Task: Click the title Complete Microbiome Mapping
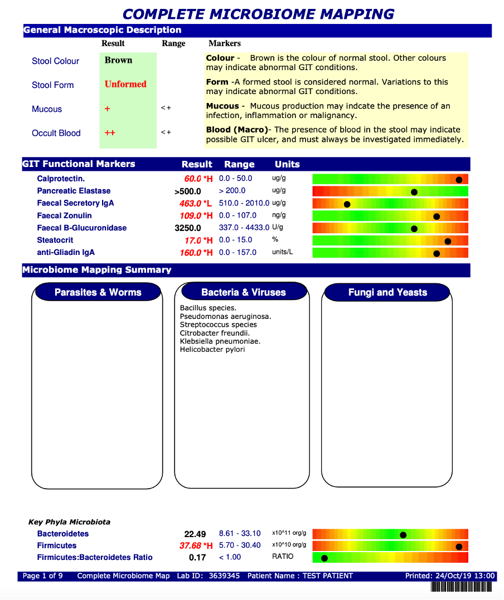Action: pyautogui.click(x=258, y=14)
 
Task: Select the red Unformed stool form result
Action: pyautogui.click(x=125, y=85)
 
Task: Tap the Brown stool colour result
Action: pyautogui.click(x=118, y=61)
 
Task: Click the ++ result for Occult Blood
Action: pyautogui.click(x=110, y=133)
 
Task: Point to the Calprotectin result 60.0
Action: pyautogui.click(x=192, y=179)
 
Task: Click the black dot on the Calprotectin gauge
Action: pyautogui.click(x=459, y=179)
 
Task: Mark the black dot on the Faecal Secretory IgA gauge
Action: pyautogui.click(x=347, y=204)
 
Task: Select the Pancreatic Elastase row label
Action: pyautogui.click(x=74, y=191)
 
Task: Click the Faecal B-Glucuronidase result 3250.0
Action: pyautogui.click(x=188, y=228)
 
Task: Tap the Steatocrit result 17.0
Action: pyautogui.click(x=192, y=240)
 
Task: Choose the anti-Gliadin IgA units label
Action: pyautogui.click(x=283, y=252)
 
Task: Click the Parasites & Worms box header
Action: pyautogui.click(x=98, y=292)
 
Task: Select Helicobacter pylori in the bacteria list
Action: pyautogui.click(x=212, y=350)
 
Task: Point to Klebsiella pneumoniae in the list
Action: pyautogui.click(x=220, y=341)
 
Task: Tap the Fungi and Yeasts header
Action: pyautogui.click(x=387, y=292)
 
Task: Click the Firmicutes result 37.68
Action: pyautogui.click(x=190, y=546)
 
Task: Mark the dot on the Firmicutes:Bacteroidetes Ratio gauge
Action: pyautogui.click(x=324, y=558)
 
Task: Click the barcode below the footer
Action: pyautogui.click(x=462, y=587)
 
